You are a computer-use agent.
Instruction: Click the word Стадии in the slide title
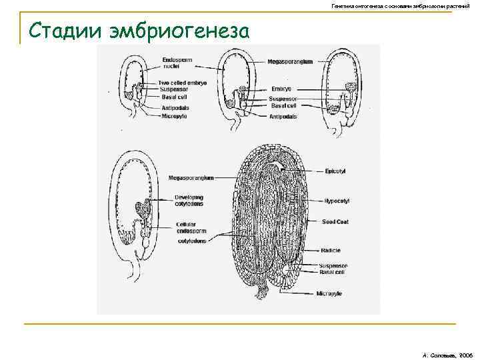(63, 31)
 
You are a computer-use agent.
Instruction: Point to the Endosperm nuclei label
(176, 64)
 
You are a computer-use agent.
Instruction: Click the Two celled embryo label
(183, 83)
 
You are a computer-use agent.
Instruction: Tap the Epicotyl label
(336, 171)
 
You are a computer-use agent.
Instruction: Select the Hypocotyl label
(338, 201)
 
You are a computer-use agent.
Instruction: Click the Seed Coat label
(337, 221)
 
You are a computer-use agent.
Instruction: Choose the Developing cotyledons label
(189, 201)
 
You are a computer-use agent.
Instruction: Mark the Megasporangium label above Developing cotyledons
(191, 178)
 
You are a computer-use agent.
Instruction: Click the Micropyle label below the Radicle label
(331, 293)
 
